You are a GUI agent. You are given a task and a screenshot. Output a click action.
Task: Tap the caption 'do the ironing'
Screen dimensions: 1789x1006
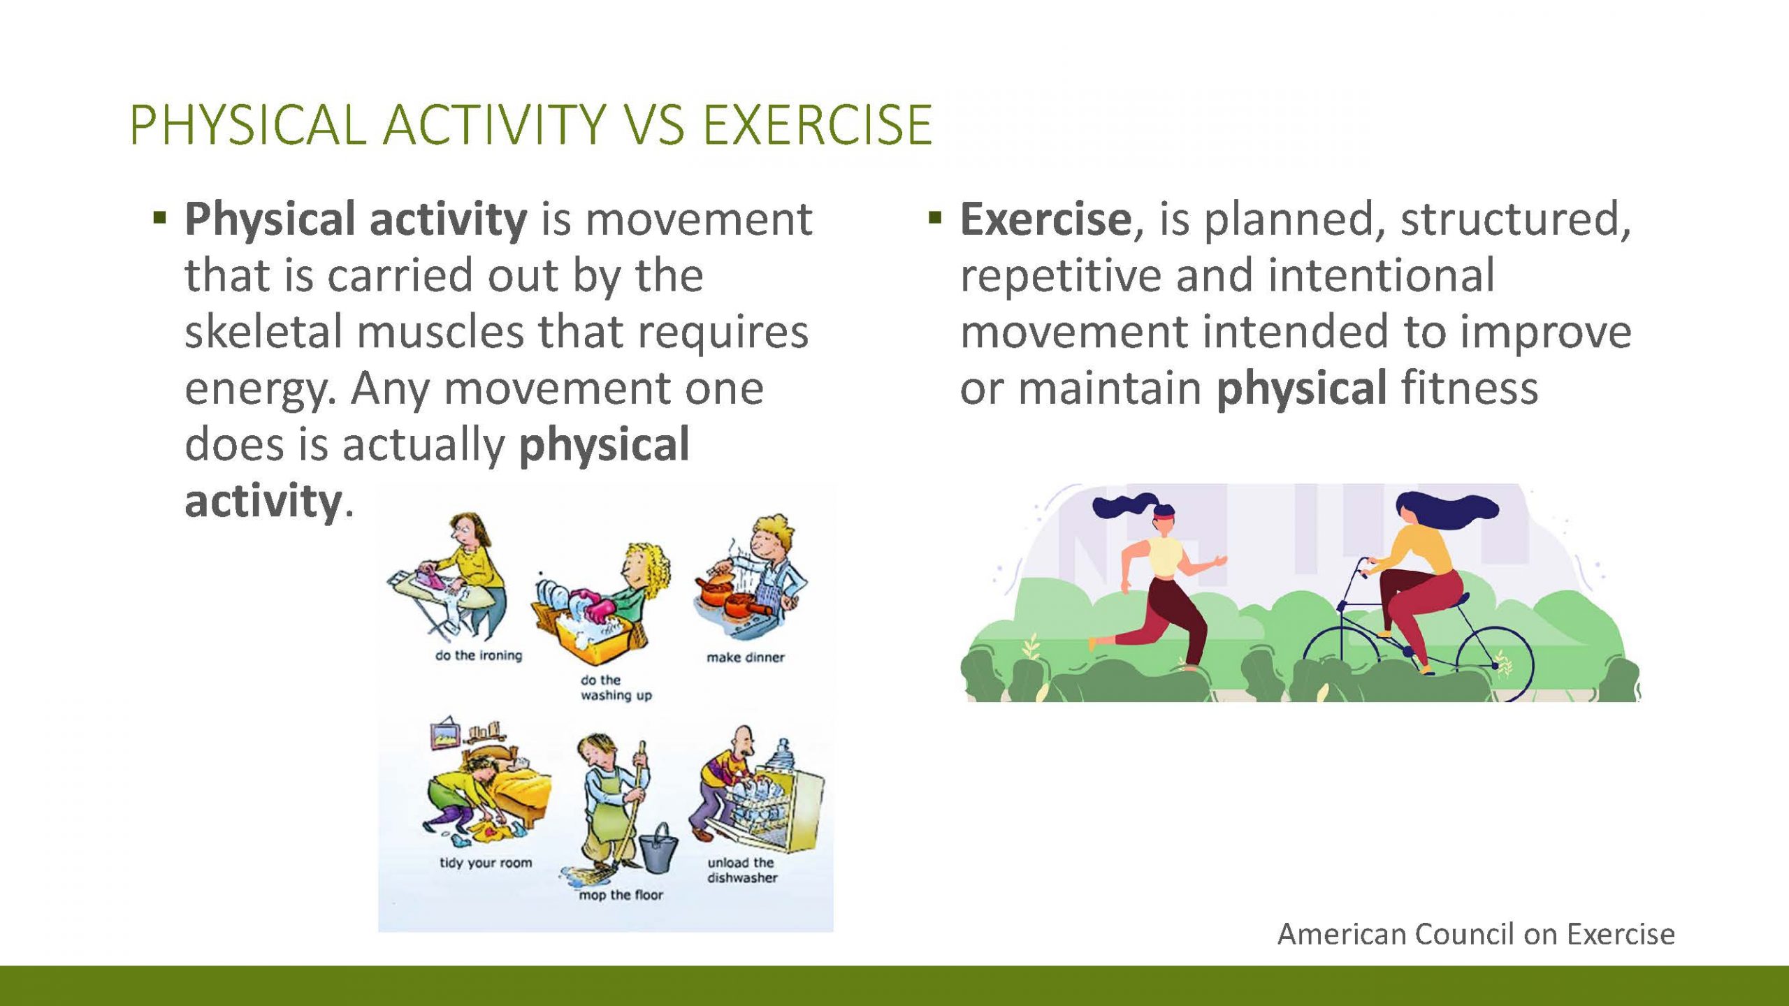pos(479,655)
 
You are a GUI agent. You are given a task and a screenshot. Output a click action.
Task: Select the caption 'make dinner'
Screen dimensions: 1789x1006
pos(746,657)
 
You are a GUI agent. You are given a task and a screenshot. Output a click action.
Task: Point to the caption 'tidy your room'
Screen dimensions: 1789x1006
pos(486,863)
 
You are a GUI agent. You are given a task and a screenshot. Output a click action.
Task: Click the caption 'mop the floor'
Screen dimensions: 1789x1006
pos(621,895)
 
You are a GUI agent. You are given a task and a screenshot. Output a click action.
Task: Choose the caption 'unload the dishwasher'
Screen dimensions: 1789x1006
pos(742,870)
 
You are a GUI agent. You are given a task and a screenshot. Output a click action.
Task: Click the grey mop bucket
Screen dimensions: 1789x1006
pos(658,849)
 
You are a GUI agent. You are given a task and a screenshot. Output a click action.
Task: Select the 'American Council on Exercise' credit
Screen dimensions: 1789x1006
pos(1476,934)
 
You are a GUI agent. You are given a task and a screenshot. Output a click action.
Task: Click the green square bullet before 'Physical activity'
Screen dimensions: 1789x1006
pos(160,218)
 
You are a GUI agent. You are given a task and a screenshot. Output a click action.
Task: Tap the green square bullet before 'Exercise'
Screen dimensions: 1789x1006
pos(935,218)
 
